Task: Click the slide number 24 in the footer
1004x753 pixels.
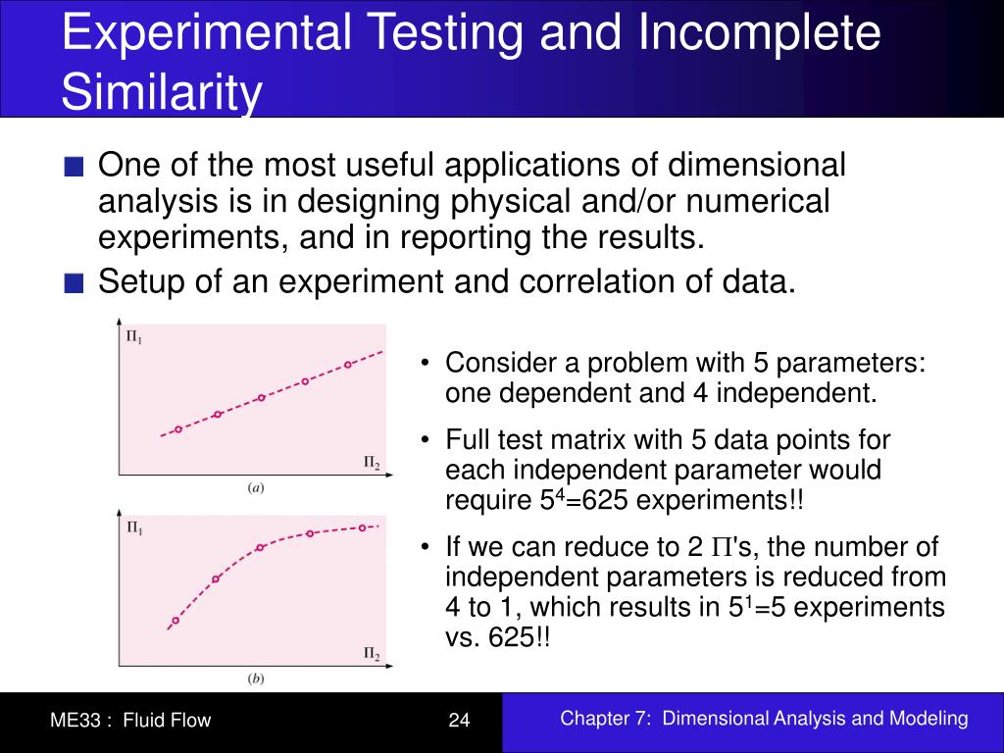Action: (x=460, y=721)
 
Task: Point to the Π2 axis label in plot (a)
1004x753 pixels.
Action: (x=372, y=462)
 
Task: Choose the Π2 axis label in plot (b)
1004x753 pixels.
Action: (x=372, y=653)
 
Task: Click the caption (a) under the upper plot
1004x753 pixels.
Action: (x=255, y=487)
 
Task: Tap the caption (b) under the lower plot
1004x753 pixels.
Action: (x=255, y=678)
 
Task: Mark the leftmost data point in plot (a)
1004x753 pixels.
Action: (x=178, y=428)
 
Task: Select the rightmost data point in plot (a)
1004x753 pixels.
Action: (x=347, y=365)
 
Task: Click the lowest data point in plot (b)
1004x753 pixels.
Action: (x=176, y=621)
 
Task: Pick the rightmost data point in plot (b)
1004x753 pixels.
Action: (x=362, y=527)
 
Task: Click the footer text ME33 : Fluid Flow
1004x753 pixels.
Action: (x=130, y=721)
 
